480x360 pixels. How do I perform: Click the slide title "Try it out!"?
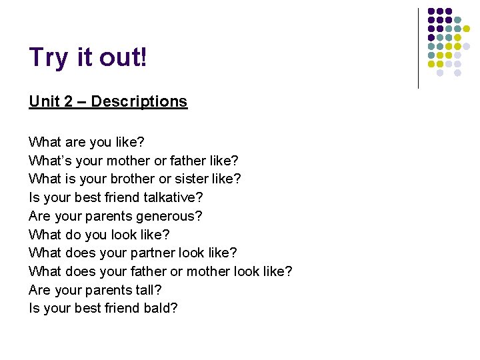coord(87,58)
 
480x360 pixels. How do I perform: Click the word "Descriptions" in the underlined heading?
coord(139,101)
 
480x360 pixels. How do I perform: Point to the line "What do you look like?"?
coord(99,235)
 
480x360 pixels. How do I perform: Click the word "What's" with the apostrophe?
coord(51,161)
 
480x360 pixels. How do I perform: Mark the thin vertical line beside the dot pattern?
coord(419,48)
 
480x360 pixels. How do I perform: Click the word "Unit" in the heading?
coord(43,101)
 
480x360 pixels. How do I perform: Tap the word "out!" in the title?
coord(123,58)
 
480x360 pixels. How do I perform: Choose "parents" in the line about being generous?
coord(111,216)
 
